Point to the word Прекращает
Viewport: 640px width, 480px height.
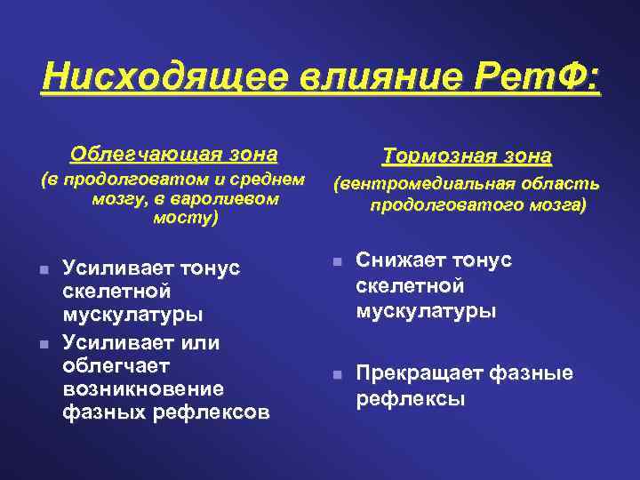coord(413,373)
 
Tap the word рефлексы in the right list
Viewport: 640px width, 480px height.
coord(410,398)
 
